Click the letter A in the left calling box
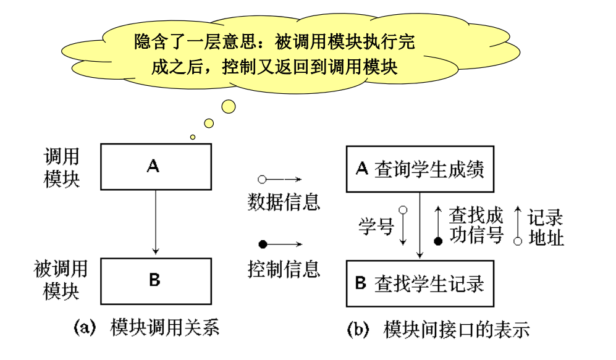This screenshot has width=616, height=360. [x=153, y=166]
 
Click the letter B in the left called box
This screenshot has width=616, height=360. [x=155, y=280]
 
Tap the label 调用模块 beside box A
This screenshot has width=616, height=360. [x=62, y=167]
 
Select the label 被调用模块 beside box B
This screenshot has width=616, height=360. [x=61, y=280]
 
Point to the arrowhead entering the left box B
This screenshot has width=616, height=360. [x=156, y=251]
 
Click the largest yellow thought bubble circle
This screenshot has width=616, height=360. [x=228, y=106]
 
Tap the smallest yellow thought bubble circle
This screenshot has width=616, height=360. [x=193, y=137]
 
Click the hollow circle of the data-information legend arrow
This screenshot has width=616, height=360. [x=262, y=180]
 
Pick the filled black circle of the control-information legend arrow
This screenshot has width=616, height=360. [x=263, y=244]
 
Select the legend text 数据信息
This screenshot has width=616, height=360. [x=284, y=202]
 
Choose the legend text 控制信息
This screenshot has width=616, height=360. [x=284, y=269]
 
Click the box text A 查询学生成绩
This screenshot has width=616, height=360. [x=420, y=169]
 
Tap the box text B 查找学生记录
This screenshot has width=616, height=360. [x=420, y=283]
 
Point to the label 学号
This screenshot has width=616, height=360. [x=376, y=227]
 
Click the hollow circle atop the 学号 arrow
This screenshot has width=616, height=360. [x=403, y=210]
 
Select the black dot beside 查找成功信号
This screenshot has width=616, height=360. [x=438, y=241]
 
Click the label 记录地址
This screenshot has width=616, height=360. [x=546, y=227]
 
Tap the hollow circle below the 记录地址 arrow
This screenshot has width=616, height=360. [x=518, y=241]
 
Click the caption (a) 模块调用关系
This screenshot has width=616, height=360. [x=146, y=327]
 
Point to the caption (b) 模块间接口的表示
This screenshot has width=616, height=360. [x=439, y=329]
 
